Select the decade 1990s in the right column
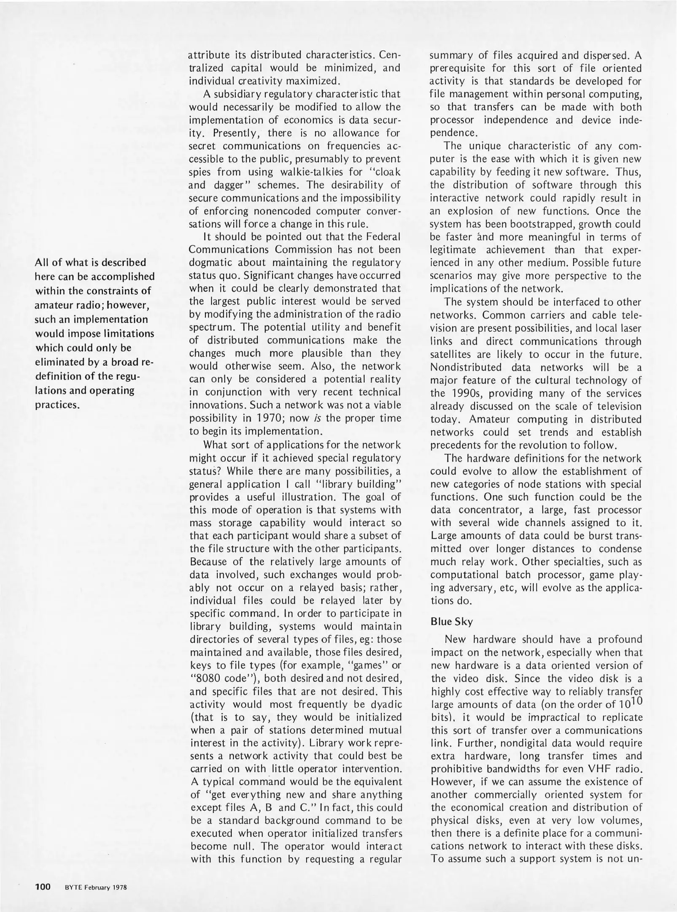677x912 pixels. tap(468, 393)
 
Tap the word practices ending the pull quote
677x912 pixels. tap(57, 405)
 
